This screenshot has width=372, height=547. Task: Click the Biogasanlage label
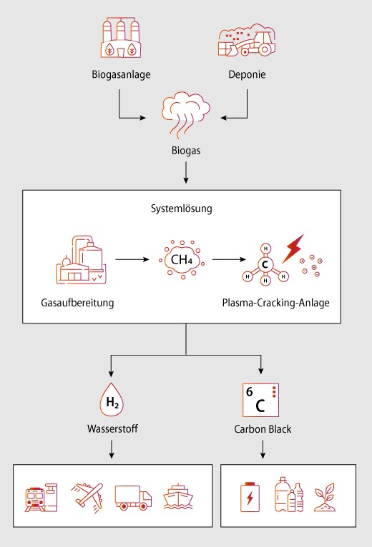pyautogui.click(x=121, y=74)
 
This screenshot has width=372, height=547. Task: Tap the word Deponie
pyautogui.click(x=247, y=74)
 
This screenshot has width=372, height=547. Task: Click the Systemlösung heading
pyautogui.click(x=182, y=209)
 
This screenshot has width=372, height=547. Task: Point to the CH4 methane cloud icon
pyautogui.click(x=182, y=259)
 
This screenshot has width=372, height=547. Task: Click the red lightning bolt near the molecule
pyautogui.click(x=293, y=248)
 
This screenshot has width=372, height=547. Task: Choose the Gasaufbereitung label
pyautogui.click(x=77, y=303)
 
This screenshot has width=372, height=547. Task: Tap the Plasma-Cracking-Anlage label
pyautogui.click(x=275, y=303)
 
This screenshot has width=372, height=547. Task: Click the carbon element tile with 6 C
pyautogui.click(x=260, y=400)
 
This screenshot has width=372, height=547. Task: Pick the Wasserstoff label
pyautogui.click(x=112, y=428)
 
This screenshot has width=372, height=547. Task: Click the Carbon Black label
pyautogui.click(x=263, y=428)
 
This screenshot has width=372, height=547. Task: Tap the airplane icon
pyautogui.click(x=87, y=497)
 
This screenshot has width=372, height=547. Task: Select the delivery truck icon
pyautogui.click(x=133, y=498)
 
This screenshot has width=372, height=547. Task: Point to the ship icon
pyautogui.click(x=178, y=497)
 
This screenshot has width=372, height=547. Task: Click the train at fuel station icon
pyautogui.click(x=41, y=498)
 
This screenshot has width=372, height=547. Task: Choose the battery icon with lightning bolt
pyautogui.click(x=250, y=497)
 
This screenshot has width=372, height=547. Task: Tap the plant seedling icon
pyautogui.click(x=325, y=497)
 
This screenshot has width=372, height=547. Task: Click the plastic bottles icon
pyautogui.click(x=289, y=495)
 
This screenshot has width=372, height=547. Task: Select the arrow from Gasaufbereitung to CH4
pyautogui.click(x=132, y=259)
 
